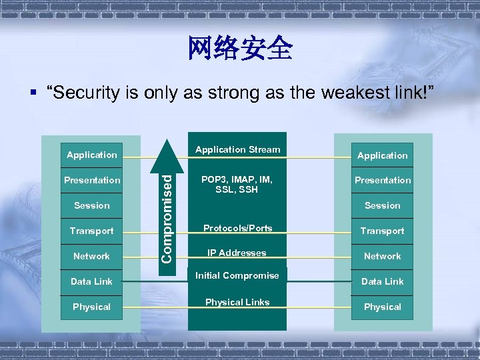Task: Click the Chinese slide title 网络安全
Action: [240, 48]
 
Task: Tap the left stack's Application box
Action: [91, 155]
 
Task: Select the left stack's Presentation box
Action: [91, 180]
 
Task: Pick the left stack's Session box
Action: [91, 205]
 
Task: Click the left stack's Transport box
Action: [91, 231]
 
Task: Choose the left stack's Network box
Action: [91, 256]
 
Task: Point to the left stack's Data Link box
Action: [91, 281]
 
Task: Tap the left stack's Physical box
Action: [91, 307]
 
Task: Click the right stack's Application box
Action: [382, 155]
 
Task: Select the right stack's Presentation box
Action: [382, 180]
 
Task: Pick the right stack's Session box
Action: [382, 205]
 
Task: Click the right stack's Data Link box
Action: [382, 281]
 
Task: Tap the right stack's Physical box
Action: [382, 307]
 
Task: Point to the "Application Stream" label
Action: [237, 149]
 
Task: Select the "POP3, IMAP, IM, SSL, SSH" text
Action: [237, 185]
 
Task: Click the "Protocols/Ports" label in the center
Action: [237, 228]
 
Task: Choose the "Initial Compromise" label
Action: [237, 275]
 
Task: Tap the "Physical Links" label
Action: [237, 302]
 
